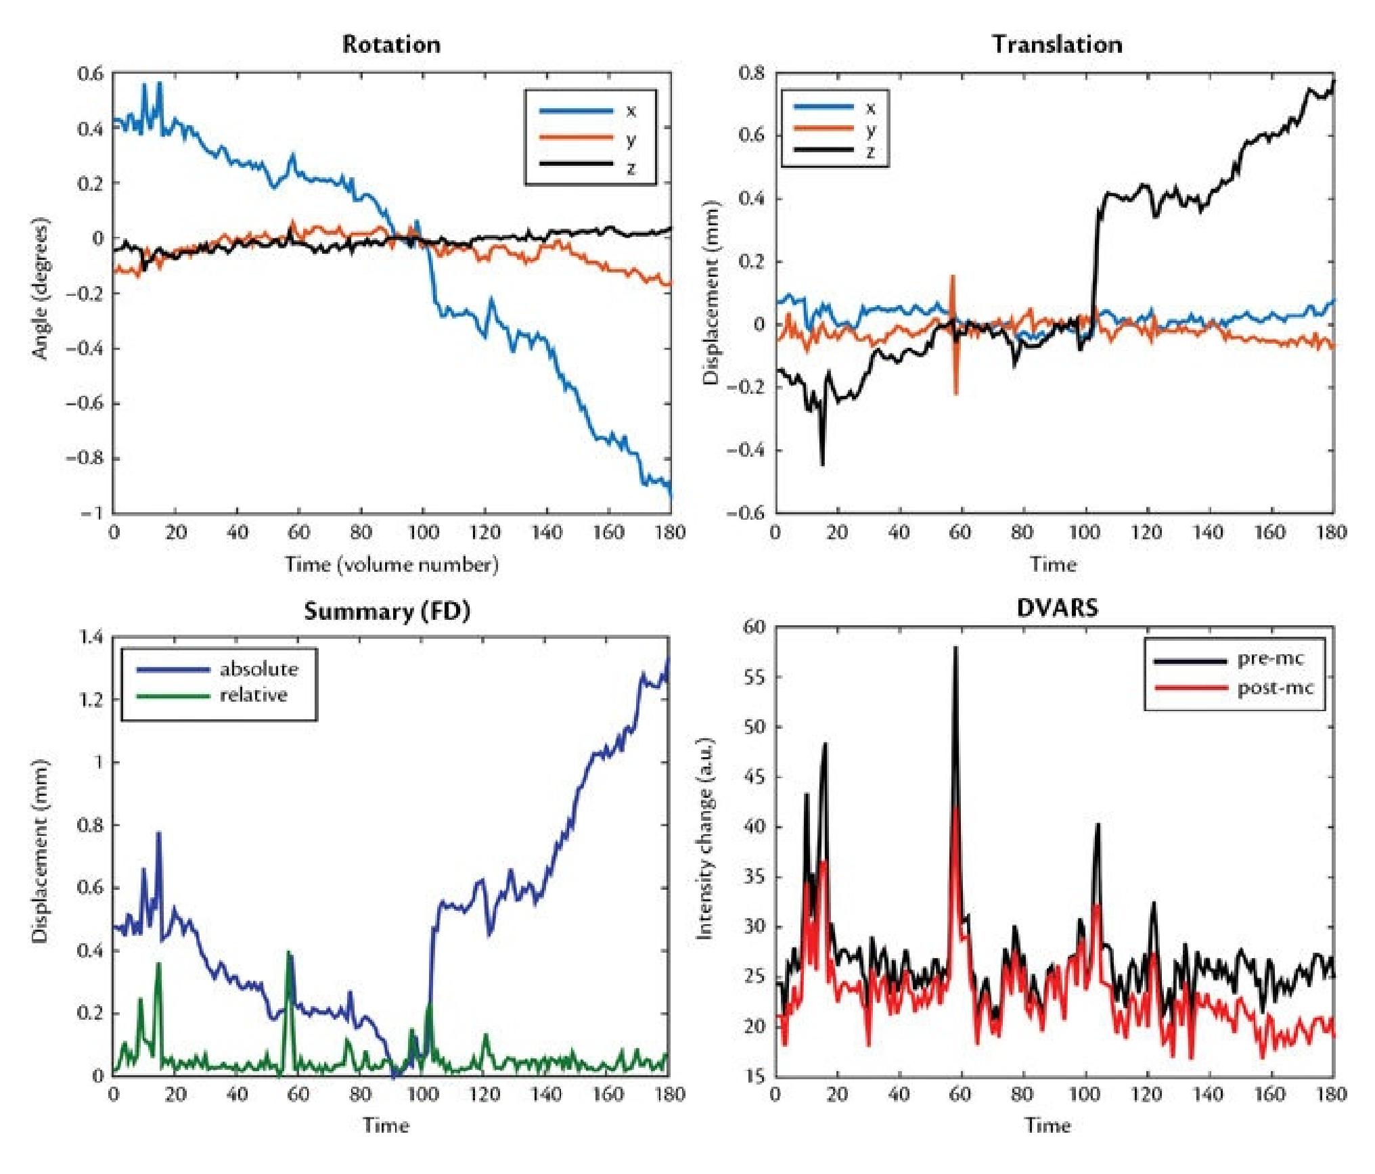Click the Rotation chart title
coord(391,45)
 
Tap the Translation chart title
coord(1057,45)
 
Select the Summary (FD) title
coord(386,611)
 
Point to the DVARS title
coord(1057,608)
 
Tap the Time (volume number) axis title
coord(391,564)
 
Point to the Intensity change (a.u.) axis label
coord(705,840)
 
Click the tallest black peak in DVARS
coord(955,648)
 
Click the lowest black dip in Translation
coord(822,464)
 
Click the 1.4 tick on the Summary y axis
coord(91,637)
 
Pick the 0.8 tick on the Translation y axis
coord(753,73)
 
